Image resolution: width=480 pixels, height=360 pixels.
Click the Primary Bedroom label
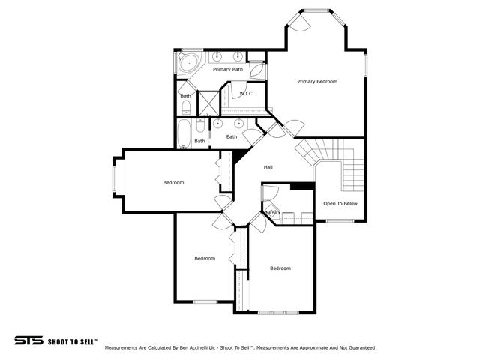coord(316,81)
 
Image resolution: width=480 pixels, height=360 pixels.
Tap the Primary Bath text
coord(227,69)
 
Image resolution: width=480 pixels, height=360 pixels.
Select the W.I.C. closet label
coord(246,94)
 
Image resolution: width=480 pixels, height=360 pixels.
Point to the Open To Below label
coord(340,203)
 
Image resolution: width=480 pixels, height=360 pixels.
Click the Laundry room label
coord(271,212)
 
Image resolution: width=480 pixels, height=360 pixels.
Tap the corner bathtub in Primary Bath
coord(189,63)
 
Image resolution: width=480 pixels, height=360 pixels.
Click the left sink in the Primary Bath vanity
coord(217,56)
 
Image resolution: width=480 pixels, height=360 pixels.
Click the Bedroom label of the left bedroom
coord(173,182)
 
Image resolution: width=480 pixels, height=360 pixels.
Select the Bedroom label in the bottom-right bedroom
coord(280,268)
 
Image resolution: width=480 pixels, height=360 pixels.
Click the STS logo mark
coord(29,340)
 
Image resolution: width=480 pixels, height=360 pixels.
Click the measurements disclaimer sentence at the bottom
coord(240,348)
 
